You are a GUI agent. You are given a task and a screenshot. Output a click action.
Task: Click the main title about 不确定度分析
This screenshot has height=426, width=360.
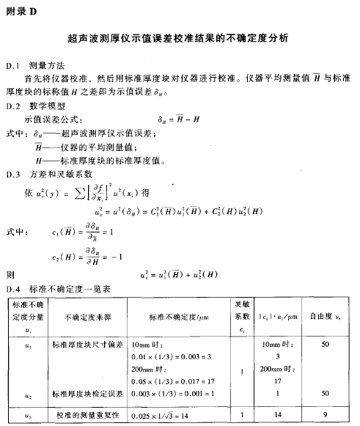(x=179, y=36)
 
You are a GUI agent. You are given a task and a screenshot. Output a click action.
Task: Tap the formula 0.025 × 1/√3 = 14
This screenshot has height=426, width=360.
(x=166, y=415)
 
